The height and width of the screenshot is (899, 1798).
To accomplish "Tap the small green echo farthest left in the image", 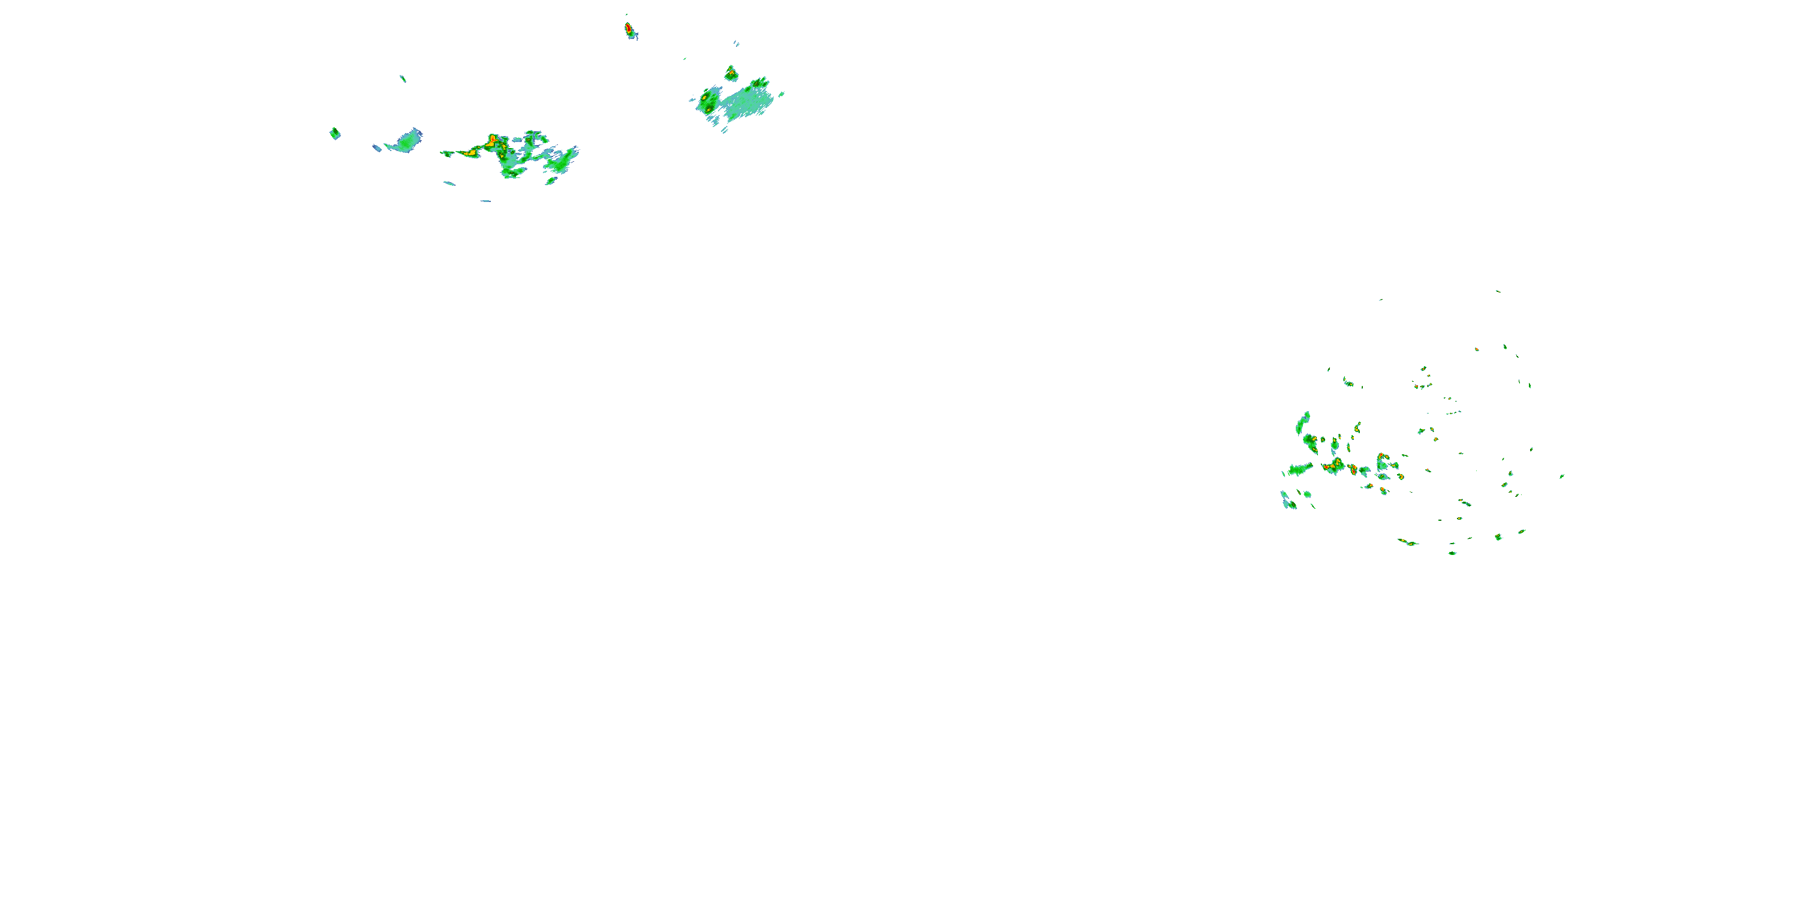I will [335, 133].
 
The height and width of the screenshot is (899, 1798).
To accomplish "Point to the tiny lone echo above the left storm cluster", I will [403, 78].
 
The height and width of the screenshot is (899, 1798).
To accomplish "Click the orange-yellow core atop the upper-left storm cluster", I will [494, 140].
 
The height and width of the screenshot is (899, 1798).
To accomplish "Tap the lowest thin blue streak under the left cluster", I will [485, 201].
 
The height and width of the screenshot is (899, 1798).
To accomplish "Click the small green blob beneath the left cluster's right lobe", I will [551, 182].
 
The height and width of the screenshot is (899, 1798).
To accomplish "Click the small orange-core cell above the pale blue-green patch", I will [731, 73].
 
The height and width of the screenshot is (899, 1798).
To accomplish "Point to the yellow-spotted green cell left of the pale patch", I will [708, 102].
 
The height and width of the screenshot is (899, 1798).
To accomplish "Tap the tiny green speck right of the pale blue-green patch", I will [781, 93].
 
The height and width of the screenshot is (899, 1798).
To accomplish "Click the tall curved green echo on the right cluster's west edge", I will [1302, 423].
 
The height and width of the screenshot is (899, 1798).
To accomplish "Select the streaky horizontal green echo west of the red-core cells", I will [1299, 469].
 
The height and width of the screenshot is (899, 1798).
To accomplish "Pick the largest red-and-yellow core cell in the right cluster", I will [1334, 466].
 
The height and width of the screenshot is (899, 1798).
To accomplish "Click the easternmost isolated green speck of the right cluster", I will [1562, 476].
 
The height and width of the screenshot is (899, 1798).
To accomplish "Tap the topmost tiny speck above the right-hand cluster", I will [1497, 291].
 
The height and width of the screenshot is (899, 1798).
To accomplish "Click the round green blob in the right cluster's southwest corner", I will [1307, 495].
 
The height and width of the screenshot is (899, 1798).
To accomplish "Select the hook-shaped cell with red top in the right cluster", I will [1382, 461].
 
